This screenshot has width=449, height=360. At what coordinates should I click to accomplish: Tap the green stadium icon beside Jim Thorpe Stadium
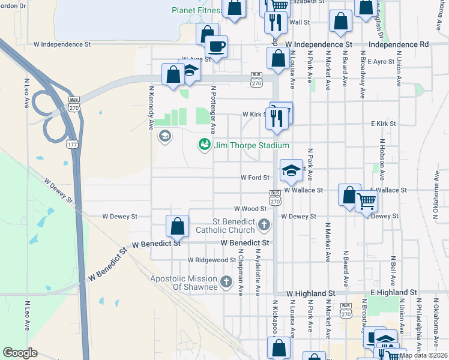205,145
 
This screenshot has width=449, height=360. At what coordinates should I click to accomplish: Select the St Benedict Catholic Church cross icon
264,226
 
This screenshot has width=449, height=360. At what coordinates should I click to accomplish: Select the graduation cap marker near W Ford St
291,170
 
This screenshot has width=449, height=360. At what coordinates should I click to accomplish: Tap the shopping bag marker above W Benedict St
178,227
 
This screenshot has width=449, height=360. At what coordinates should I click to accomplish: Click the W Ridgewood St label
211,260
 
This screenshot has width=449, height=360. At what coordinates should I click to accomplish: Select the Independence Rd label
399,44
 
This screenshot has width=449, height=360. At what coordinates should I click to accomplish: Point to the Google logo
21,353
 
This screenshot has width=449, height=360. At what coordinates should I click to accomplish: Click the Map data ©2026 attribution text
424,355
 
